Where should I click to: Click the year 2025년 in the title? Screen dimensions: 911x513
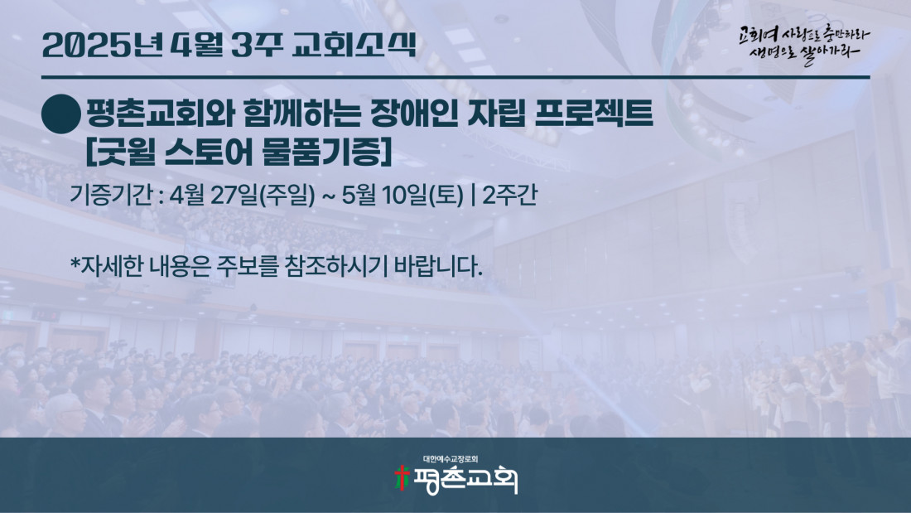tap(102, 45)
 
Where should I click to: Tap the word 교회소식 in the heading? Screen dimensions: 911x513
tap(354, 45)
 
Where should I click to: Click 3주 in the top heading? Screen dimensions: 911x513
tap(257, 45)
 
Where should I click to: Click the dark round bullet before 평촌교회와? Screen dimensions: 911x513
tap(61, 114)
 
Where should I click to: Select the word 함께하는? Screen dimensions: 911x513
tap(302, 114)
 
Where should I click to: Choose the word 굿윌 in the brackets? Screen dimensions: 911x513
tap(126, 152)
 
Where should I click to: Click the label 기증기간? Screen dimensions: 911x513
tap(111, 195)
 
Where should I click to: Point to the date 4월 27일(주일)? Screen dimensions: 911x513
tap(243, 195)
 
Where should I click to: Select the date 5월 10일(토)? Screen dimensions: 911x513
tap(402, 195)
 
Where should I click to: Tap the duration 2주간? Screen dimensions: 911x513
tap(510, 195)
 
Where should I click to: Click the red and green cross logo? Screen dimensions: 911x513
tap(402, 478)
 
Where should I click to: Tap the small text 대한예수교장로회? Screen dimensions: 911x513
tap(451, 459)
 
